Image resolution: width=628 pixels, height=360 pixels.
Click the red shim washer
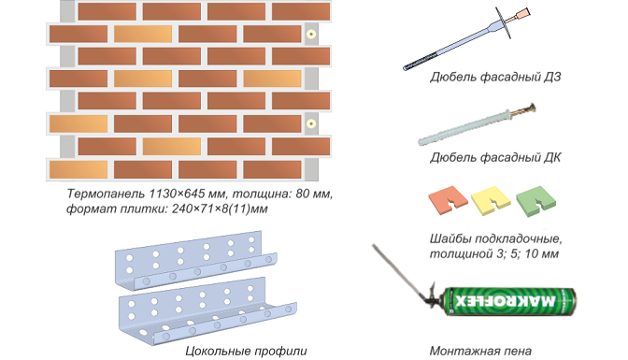(x=448, y=200)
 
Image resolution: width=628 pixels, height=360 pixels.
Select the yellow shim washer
(x=491, y=200)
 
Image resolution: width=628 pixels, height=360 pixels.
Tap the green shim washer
(x=535, y=201)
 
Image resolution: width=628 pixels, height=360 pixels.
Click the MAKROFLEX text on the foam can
(x=506, y=301)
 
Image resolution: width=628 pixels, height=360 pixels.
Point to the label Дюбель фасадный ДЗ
(x=495, y=77)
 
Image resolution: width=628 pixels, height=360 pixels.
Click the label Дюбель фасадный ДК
(x=495, y=157)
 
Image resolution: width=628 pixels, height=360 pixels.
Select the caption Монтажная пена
(x=480, y=352)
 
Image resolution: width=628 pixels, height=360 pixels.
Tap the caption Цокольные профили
(x=246, y=352)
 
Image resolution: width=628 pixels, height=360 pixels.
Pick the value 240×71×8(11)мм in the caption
(x=220, y=209)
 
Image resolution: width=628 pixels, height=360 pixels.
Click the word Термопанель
(x=106, y=194)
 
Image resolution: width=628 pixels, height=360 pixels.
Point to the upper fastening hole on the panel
(x=311, y=34)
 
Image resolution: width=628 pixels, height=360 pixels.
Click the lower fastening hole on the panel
(x=311, y=123)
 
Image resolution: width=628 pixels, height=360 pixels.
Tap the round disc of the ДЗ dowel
(x=503, y=23)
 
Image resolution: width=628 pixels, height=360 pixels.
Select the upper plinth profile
(x=196, y=259)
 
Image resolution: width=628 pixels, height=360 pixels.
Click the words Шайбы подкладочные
(x=496, y=239)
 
